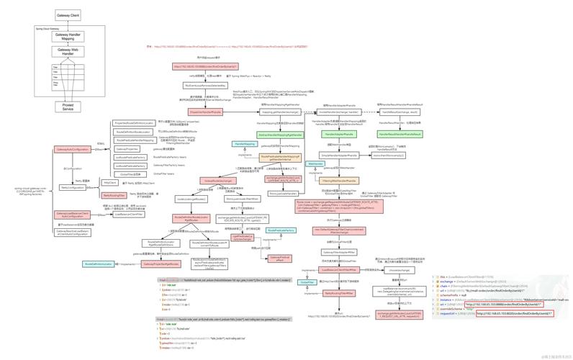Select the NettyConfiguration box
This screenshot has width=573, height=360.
click(x=73, y=187)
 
